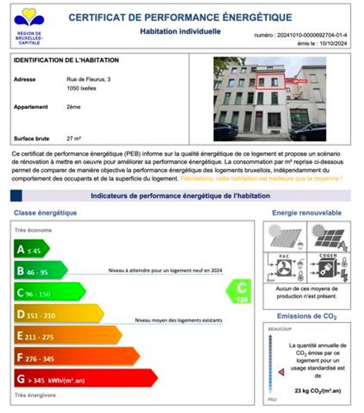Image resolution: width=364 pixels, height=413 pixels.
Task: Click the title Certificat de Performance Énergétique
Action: [180, 17]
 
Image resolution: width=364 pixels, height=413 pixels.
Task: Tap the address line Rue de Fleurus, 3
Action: [88, 80]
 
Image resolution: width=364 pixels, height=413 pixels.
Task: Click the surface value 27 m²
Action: [74, 138]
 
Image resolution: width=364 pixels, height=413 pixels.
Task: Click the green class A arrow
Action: [31, 250]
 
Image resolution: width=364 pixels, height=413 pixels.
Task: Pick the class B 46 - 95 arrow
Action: [40, 272]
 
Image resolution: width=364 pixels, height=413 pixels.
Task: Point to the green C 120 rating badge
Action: [237, 292]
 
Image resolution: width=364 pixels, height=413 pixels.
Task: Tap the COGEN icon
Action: [329, 267]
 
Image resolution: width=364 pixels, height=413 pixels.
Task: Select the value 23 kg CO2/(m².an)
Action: [318, 390]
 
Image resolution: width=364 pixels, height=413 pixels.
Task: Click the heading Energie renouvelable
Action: [306, 213]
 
